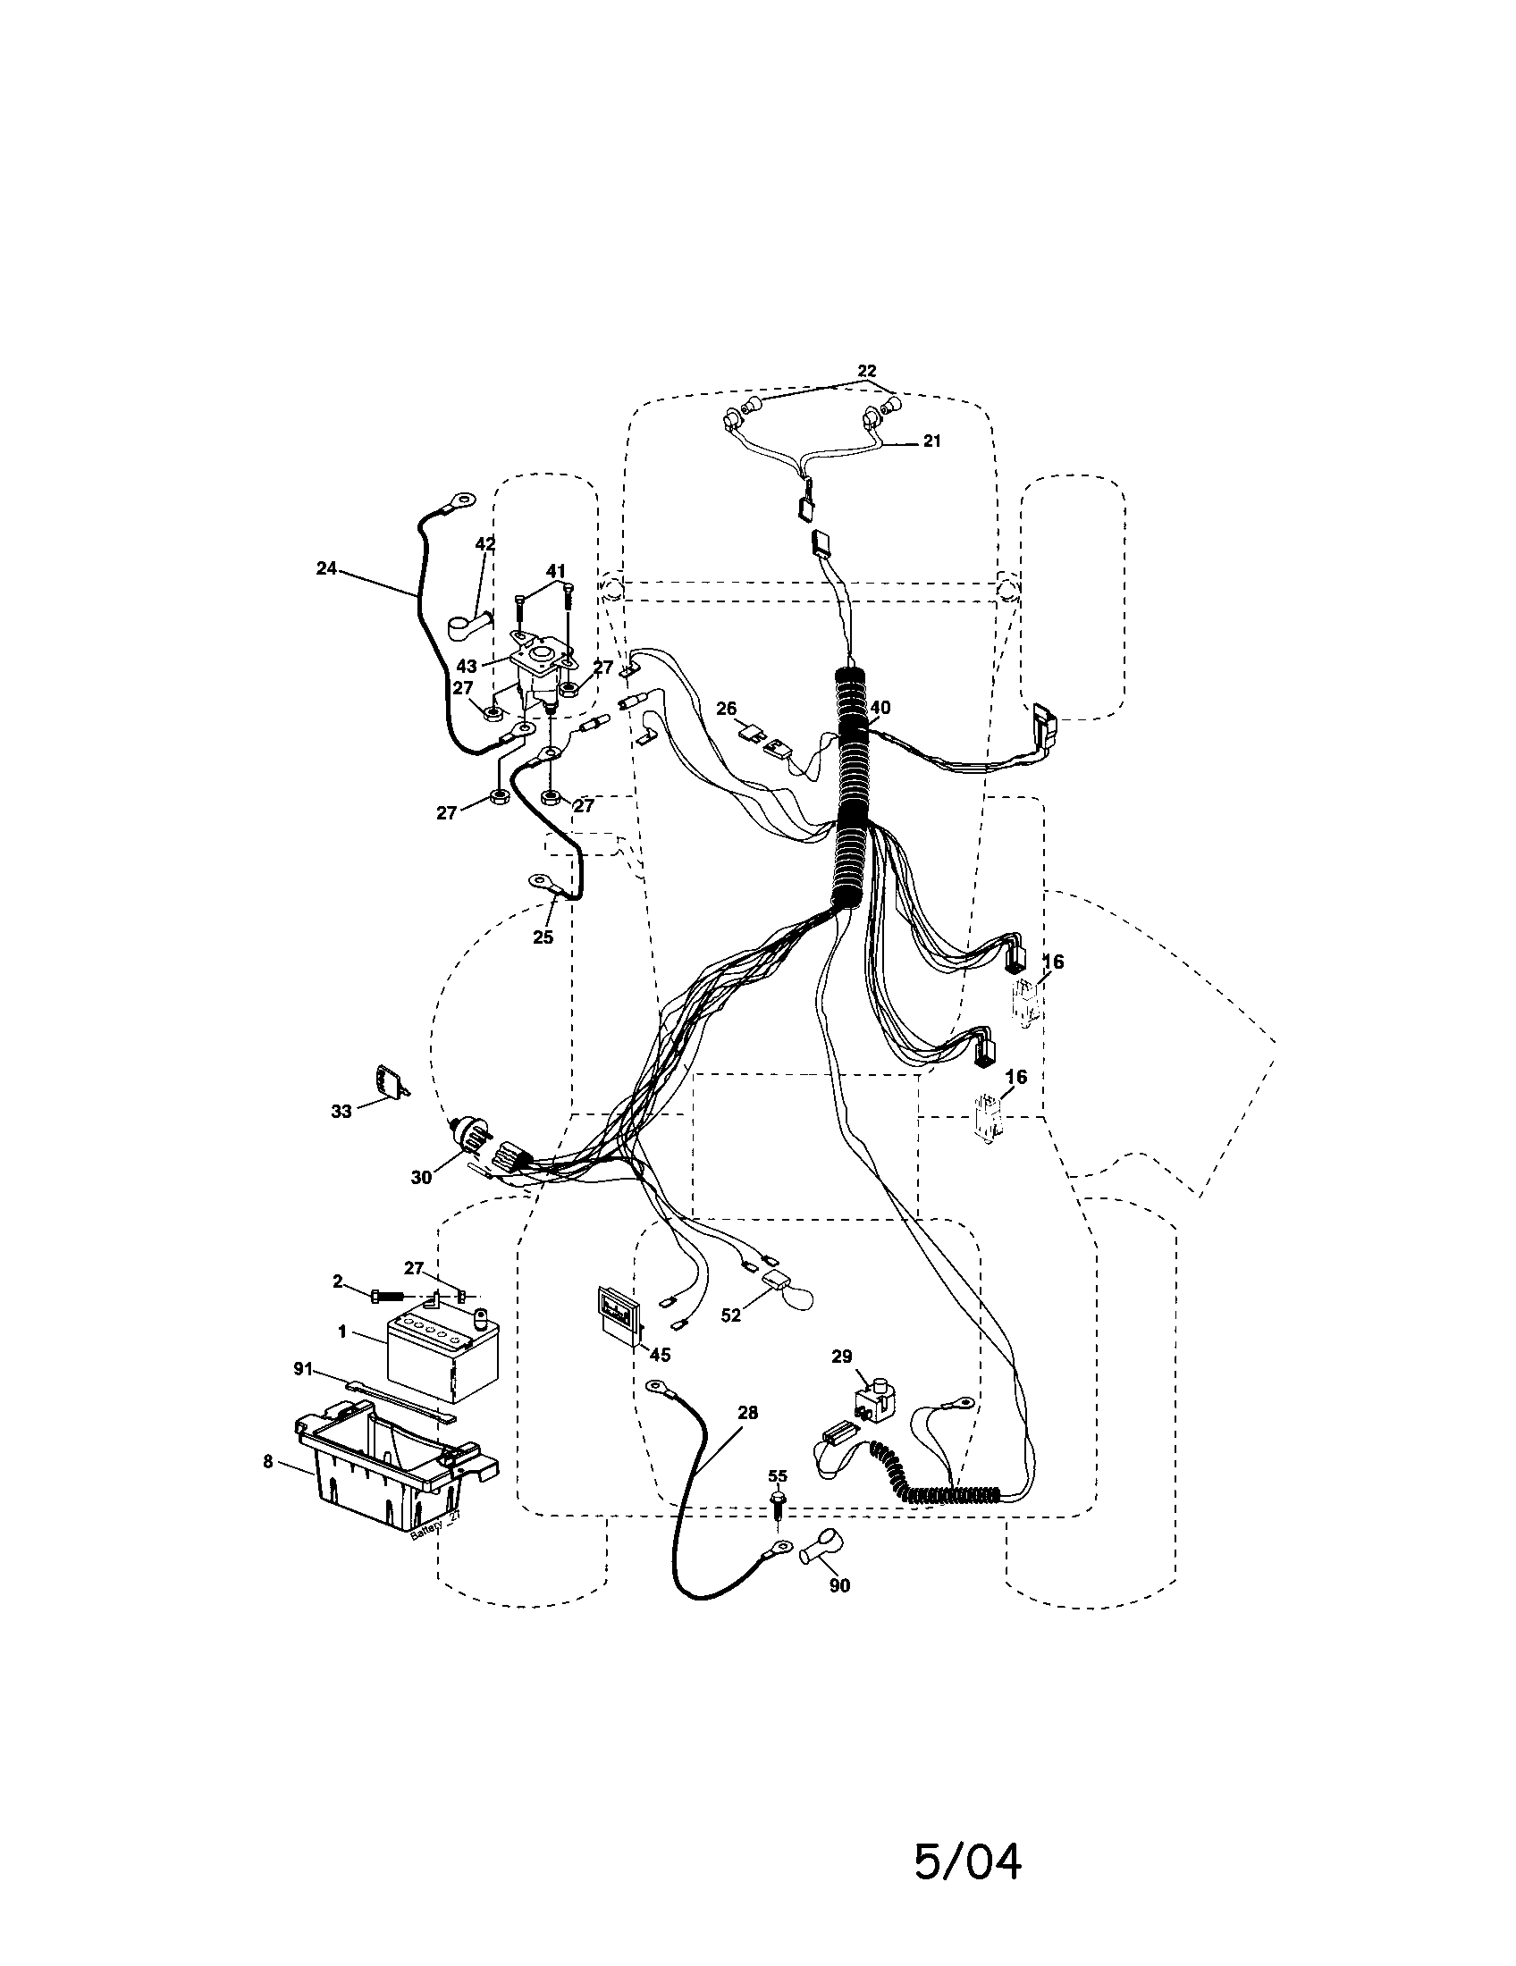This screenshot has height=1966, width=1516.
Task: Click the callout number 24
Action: pos(326,568)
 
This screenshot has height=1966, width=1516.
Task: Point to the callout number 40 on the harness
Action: pos(880,708)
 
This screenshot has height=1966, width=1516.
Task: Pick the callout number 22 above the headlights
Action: pos(866,371)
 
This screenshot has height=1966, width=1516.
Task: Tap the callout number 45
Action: pos(660,1380)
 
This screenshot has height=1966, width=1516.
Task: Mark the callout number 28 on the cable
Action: pos(747,1414)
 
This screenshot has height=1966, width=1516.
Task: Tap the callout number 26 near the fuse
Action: pos(726,710)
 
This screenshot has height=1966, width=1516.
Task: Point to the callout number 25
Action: pos(543,937)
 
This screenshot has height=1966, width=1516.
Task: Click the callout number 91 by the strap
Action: pos(302,1369)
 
